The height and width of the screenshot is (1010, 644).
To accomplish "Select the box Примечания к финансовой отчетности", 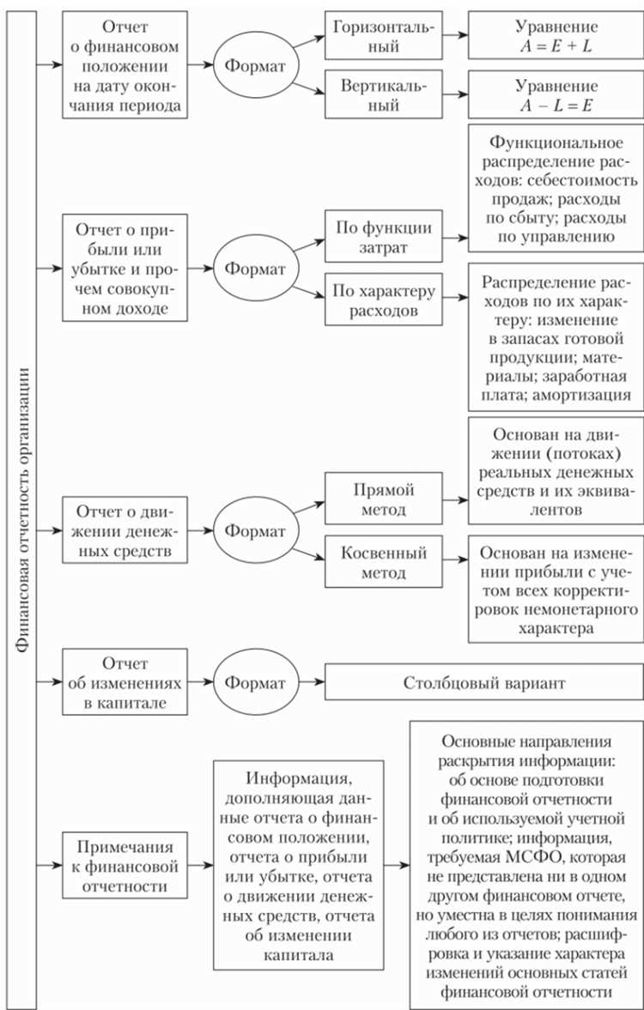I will [x=124, y=864].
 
